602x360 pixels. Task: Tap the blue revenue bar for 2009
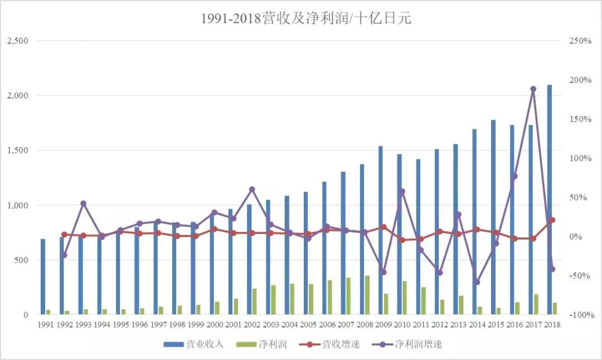click(x=381, y=230)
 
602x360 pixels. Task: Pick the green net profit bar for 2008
click(x=367, y=295)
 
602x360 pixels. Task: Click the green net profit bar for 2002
click(x=255, y=301)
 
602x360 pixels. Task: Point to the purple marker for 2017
click(x=533, y=89)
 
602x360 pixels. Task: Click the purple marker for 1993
click(x=83, y=203)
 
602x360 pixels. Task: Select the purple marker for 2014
click(x=477, y=282)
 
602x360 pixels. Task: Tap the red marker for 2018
click(x=552, y=220)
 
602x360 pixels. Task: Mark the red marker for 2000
click(x=214, y=229)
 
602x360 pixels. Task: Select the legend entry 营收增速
click(x=333, y=344)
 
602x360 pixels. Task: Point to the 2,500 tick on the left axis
click(x=17, y=41)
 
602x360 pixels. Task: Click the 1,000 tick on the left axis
click(x=17, y=206)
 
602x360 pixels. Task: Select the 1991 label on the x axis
click(x=46, y=324)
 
